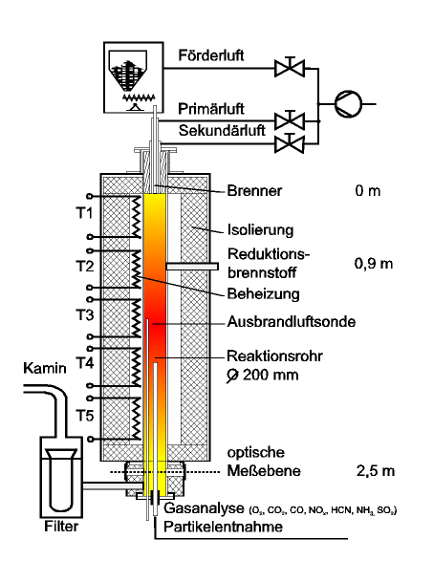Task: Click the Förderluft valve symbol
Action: (290, 68)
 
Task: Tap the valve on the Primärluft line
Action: (290, 120)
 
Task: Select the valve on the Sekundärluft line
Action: (290, 143)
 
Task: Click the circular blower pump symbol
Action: (348, 104)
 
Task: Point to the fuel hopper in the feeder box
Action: (128, 71)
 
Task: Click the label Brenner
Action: (254, 191)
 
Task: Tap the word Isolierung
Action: (260, 230)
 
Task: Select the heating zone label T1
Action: (85, 213)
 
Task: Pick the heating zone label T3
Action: (85, 314)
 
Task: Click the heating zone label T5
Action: (85, 416)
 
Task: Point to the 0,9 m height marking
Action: (374, 264)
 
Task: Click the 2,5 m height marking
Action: (376, 471)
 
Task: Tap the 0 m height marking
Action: (368, 191)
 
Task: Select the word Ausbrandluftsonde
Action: (292, 321)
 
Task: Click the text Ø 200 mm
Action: (263, 376)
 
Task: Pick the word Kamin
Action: (45, 368)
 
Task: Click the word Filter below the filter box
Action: (61, 526)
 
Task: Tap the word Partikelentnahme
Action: (223, 527)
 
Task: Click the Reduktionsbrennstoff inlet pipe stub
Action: (192, 267)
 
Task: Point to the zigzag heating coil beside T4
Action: (137, 367)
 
